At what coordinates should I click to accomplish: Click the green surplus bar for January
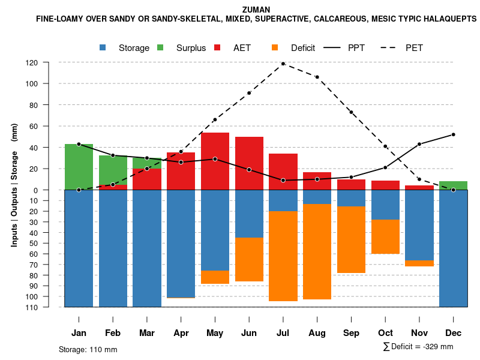(x=79, y=167)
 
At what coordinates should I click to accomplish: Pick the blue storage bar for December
(x=453, y=248)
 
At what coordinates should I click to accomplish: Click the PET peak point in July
(x=283, y=64)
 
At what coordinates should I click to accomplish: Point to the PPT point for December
(x=453, y=134)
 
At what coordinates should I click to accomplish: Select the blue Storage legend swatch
(x=104, y=48)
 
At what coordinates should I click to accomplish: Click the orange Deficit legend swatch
(x=275, y=48)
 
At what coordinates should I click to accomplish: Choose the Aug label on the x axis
(x=317, y=333)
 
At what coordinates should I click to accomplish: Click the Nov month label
(x=419, y=333)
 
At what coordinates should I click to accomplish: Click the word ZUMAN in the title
(x=256, y=10)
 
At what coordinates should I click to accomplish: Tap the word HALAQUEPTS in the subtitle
(x=445, y=19)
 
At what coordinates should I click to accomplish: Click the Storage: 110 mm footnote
(x=88, y=349)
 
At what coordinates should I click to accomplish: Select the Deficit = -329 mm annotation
(x=418, y=347)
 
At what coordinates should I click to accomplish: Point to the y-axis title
(x=14, y=185)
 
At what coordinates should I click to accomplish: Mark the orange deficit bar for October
(x=385, y=236)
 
